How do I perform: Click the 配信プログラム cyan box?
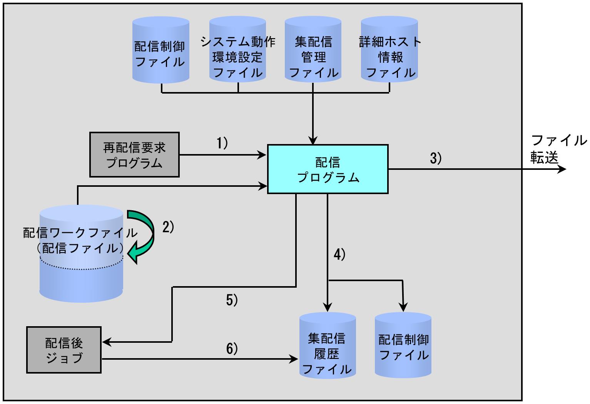[328, 169]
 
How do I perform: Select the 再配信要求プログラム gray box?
[134, 155]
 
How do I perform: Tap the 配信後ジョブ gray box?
[64, 350]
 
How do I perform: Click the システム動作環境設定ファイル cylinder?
[237, 49]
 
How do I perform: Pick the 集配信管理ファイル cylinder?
[313, 49]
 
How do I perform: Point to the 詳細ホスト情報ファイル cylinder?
[389, 49]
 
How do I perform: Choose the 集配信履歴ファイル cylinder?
[328, 345]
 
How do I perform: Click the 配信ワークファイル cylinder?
[81, 254]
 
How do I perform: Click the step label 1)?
[222, 143]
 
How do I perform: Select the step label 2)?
[168, 227]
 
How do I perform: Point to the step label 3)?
[436, 158]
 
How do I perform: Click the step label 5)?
[232, 300]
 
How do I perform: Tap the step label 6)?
[232, 349]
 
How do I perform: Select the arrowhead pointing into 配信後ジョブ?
[107, 342]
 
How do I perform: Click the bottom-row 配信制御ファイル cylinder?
[403, 345]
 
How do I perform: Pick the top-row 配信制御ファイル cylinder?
[160, 50]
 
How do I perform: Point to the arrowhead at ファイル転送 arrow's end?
[562, 169]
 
